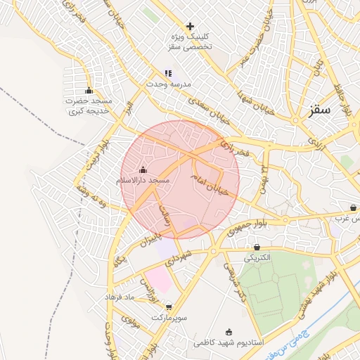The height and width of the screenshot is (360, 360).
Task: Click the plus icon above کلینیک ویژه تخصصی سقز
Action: pyautogui.click(x=190, y=26)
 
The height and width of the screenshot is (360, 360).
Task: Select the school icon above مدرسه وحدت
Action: pyautogui.click(x=167, y=72)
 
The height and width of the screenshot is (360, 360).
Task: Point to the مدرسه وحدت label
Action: pyautogui.click(x=167, y=84)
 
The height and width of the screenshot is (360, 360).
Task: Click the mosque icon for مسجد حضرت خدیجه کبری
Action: pyautogui.click(x=89, y=90)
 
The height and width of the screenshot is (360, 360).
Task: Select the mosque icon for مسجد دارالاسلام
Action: pyautogui.click(x=143, y=169)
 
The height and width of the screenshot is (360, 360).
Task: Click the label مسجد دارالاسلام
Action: pyautogui.click(x=143, y=181)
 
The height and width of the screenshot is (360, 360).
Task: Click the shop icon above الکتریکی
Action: pyautogui.click(x=256, y=247)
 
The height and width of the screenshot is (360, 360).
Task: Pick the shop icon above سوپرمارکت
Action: pyautogui.click(x=169, y=307)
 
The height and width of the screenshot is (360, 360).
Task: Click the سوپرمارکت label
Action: pyautogui.click(x=168, y=318)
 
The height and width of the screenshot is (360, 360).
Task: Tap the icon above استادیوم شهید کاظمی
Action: pyautogui.click(x=229, y=332)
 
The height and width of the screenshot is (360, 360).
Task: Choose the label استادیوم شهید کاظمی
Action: pyautogui.click(x=229, y=343)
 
